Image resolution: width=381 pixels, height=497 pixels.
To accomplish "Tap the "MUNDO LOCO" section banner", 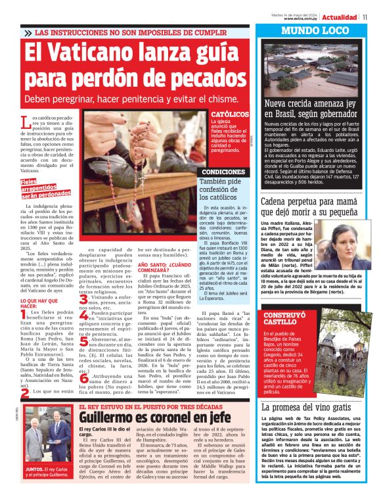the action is tap(321, 31).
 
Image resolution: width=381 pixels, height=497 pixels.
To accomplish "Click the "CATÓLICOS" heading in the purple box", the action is tap(230, 114).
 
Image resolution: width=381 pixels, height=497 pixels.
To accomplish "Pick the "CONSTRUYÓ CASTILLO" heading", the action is tap(284, 319).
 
